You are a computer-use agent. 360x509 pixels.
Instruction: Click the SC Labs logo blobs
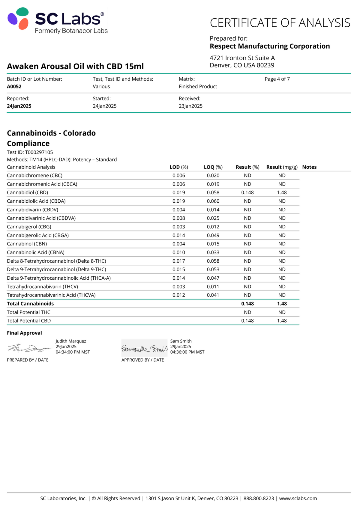tap(18, 19)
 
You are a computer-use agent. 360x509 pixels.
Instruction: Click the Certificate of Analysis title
tap(280, 23)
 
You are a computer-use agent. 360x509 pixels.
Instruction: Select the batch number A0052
tap(14, 86)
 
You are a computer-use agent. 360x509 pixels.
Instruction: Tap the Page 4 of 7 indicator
tap(277, 79)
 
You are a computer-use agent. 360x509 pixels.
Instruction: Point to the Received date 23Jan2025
tap(190, 106)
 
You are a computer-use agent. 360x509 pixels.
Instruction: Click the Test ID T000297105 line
tap(30, 152)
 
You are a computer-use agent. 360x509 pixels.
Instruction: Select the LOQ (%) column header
tap(213, 167)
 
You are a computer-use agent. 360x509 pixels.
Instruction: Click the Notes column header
tap(309, 167)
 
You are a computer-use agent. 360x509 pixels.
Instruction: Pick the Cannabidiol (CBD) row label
tap(27, 192)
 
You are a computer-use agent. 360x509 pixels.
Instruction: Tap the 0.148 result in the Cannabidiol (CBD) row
tap(247, 192)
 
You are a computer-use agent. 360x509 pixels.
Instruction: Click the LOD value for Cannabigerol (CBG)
tap(179, 227)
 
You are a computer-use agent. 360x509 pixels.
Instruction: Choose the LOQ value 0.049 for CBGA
tap(213, 235)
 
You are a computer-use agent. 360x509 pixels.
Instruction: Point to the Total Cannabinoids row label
tap(30, 304)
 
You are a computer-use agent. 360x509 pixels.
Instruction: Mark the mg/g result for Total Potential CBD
tap(282, 320)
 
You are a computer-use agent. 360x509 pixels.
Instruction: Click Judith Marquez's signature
tap(29, 348)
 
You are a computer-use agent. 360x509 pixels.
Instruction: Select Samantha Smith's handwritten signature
tap(144, 349)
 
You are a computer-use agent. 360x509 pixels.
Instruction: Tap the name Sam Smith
tap(181, 341)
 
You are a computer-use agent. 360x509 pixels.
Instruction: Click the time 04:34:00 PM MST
tap(73, 352)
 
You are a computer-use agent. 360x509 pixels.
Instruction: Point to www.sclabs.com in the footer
tap(298, 498)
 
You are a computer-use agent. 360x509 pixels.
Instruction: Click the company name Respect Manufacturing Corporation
tap(270, 46)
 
